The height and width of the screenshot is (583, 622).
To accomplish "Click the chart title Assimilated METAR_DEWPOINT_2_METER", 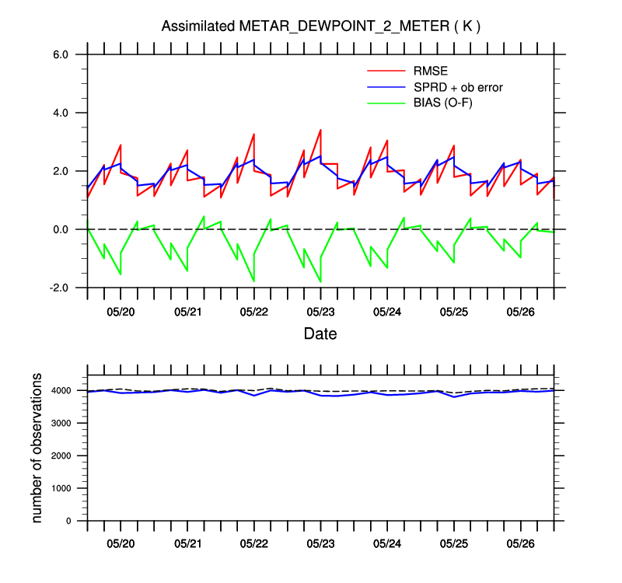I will (x=320, y=26).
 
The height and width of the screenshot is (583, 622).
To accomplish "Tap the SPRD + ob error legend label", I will (x=458, y=87).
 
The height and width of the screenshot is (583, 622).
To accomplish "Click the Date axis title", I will (x=320, y=334).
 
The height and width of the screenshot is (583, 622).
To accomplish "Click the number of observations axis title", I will (x=37, y=447).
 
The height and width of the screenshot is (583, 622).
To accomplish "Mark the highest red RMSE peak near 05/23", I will (x=320, y=130).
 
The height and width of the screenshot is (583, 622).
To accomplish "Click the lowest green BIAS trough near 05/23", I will (x=320, y=281).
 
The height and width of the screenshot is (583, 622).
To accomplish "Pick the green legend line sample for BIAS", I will (x=385, y=103).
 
